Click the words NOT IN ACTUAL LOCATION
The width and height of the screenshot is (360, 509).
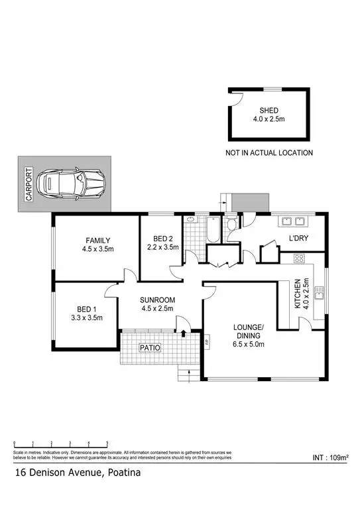tap(269, 153)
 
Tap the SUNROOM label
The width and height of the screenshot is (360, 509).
tap(156, 300)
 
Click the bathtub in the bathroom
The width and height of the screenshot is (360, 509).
tap(213, 231)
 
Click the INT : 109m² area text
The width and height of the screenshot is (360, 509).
tap(331, 457)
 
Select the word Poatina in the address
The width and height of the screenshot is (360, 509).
tap(123, 473)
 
